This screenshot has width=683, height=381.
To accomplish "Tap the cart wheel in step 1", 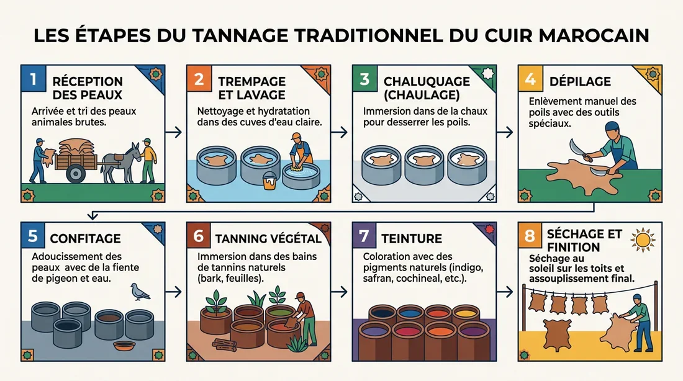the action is (75, 173).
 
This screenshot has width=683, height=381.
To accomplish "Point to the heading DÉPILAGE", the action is (580, 82).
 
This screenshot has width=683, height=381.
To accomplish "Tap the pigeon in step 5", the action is (140, 291).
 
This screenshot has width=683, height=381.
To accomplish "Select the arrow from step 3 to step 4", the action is (505, 132).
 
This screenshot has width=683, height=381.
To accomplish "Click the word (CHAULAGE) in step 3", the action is (422, 95).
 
